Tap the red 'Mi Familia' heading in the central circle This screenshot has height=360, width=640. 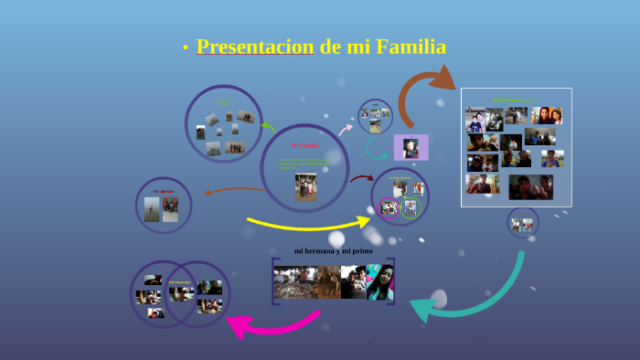[x=304, y=145]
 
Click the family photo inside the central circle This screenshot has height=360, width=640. [x=305, y=185]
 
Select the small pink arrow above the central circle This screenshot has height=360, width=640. [x=346, y=130]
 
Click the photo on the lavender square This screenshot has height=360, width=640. [x=411, y=147]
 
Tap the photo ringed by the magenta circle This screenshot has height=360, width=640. [x=389, y=207]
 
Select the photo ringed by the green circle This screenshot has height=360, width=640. [x=410, y=208]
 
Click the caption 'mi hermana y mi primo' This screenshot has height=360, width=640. [x=333, y=250]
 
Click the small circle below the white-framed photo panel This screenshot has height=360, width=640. [x=523, y=223]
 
